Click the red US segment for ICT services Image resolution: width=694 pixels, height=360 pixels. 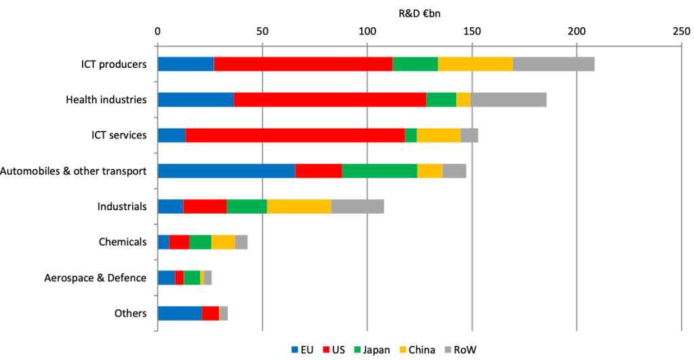(x=295, y=135)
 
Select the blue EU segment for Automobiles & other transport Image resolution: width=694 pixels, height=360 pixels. (x=226, y=170)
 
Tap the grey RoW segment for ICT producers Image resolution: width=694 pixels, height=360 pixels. (x=553, y=64)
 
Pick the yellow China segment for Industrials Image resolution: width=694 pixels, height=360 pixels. (x=299, y=206)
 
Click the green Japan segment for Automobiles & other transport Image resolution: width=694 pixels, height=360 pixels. (x=380, y=170)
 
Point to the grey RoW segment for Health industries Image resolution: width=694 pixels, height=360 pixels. (x=508, y=100)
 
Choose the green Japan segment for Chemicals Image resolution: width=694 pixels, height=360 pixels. (x=200, y=241)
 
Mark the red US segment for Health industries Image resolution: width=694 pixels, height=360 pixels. (x=330, y=100)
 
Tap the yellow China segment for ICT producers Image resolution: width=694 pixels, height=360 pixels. (x=475, y=64)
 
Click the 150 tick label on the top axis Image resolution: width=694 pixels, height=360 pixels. (x=472, y=31)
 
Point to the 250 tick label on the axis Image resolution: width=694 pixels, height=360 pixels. (x=681, y=31)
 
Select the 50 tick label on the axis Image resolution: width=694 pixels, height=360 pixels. (x=262, y=31)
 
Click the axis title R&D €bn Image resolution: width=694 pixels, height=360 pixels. (x=419, y=12)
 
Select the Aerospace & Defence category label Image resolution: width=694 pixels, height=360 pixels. (x=95, y=277)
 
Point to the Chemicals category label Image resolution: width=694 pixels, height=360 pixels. (x=123, y=241)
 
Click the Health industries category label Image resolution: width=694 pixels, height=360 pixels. (x=106, y=100)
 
